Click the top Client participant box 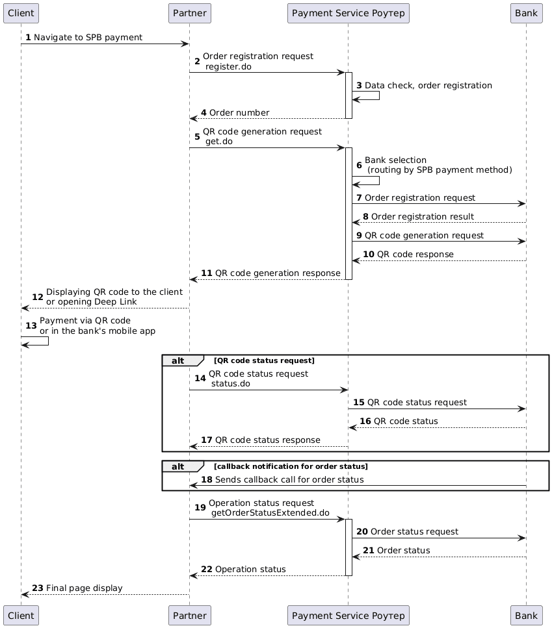pyautogui.click(x=21, y=13)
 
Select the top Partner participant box pyautogui.click(x=189, y=13)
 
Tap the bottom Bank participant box pyautogui.click(x=526, y=615)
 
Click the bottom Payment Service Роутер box pyautogui.click(x=348, y=615)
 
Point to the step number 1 pyautogui.click(x=28, y=38)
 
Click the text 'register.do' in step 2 pyautogui.click(x=228, y=67)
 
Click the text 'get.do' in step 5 pyautogui.click(x=219, y=142)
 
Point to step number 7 pyautogui.click(x=359, y=197)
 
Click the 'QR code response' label pyautogui.click(x=415, y=254)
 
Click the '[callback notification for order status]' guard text pyautogui.click(x=291, y=466)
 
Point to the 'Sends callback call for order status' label pyautogui.click(x=289, y=480)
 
